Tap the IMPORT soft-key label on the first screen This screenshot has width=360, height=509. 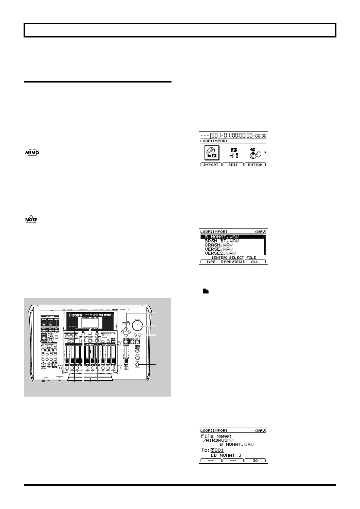click(211, 165)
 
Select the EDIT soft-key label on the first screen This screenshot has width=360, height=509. click(233, 165)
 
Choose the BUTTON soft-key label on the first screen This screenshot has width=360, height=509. click(255, 165)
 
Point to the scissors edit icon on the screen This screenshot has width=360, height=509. click(233, 153)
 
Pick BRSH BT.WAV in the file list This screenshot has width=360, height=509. click(222, 241)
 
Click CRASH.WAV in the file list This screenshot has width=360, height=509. click(219, 245)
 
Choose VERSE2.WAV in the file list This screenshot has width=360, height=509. click(220, 253)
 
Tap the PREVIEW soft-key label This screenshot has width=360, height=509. click(233, 262)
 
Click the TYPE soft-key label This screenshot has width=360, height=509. click(211, 262)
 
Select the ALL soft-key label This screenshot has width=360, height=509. click(255, 262)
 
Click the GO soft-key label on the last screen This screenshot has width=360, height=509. click(255, 461)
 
